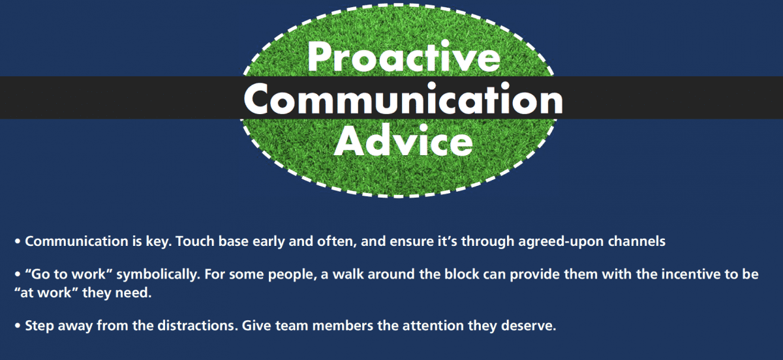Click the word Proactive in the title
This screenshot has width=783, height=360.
pos(404,57)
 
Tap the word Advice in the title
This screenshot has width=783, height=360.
pos(404,140)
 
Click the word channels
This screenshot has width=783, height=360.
pos(637,241)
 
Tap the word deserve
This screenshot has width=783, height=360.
pos(528,325)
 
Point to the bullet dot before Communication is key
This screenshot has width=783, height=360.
pos(18,242)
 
